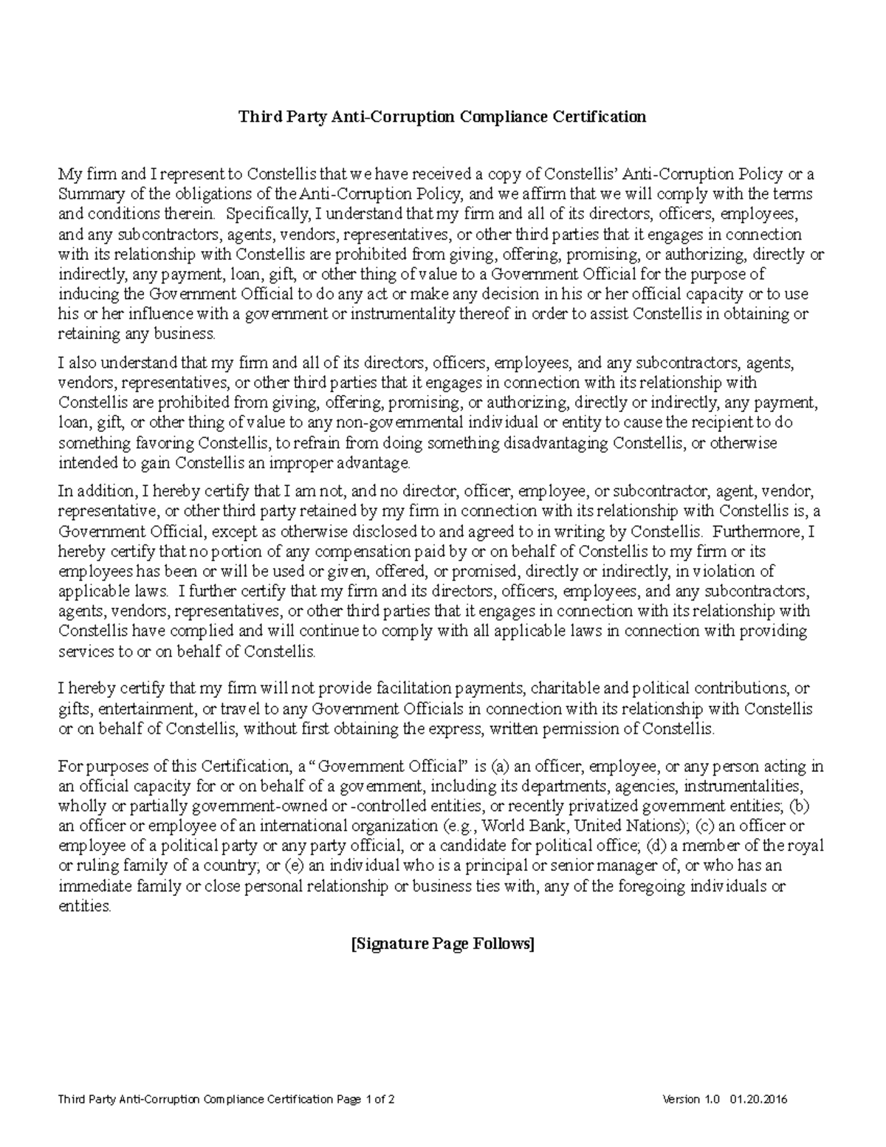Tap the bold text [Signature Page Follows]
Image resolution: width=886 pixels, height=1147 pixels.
(442, 943)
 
